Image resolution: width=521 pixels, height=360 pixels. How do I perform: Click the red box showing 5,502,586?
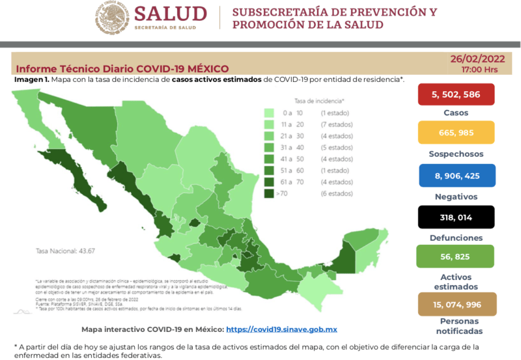click(x=455, y=95)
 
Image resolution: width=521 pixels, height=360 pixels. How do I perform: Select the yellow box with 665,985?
click(x=455, y=134)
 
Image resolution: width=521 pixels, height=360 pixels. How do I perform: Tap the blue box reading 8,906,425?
click(x=455, y=176)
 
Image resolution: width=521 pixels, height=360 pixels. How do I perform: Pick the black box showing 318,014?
click(x=455, y=217)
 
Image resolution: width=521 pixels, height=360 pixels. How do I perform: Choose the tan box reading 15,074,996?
click(x=455, y=303)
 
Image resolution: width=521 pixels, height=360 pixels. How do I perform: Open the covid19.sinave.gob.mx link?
click(x=281, y=330)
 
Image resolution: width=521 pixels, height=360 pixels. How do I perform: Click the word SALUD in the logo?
click(x=171, y=14)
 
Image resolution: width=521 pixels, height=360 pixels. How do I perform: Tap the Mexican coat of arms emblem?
click(x=112, y=18)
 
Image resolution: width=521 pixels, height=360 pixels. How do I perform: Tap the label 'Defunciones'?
click(x=455, y=238)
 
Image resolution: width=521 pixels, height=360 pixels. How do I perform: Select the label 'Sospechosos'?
click(x=455, y=154)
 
